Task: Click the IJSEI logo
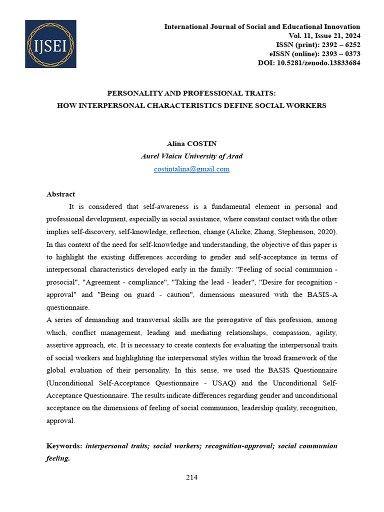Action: coord(50,44)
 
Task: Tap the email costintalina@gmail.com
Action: coord(191,169)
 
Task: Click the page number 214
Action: coord(191,477)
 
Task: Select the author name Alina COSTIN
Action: coord(191,144)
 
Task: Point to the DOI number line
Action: coord(308,63)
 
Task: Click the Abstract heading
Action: coord(60,194)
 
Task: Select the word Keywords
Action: coord(63,445)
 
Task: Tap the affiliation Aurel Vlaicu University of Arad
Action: coord(191,156)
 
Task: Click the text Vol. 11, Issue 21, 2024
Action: coord(324,36)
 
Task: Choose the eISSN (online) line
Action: coord(315,54)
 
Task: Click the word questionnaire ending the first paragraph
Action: coord(67,307)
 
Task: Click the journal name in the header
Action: coord(262,27)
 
